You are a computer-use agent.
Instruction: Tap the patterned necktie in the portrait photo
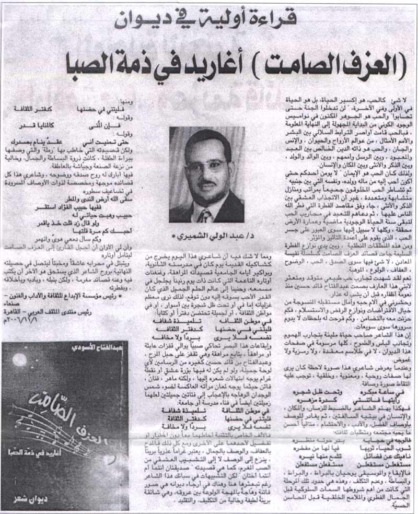(203, 215)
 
